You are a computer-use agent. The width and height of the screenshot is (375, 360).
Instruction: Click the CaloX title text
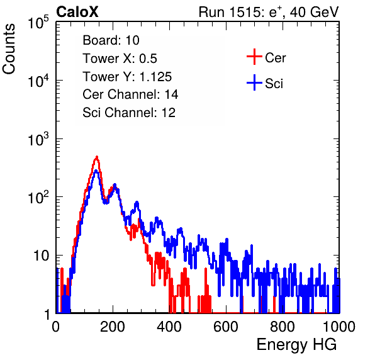coord(77,12)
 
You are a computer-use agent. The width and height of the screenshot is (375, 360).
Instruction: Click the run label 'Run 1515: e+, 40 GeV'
coord(269,12)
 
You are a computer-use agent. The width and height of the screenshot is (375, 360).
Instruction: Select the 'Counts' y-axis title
coord(9,49)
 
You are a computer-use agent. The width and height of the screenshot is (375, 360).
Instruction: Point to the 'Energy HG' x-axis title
coord(296,345)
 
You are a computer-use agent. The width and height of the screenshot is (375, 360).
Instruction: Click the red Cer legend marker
coord(254,57)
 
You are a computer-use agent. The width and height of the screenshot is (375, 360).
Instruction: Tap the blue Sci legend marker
coord(254,82)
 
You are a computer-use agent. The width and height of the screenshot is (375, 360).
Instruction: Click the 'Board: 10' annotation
coord(111,40)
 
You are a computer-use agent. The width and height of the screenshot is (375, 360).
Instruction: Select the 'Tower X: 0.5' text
coord(120,59)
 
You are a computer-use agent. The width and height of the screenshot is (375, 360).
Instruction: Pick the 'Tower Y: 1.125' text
coord(127,77)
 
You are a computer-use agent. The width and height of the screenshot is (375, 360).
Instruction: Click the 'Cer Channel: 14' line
coord(130,94)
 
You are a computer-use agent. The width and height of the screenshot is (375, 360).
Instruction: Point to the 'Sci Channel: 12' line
coord(129,113)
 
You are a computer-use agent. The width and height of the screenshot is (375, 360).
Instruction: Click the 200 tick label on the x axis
coord(113,327)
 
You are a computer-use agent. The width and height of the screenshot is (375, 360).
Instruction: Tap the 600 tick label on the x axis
coord(226,327)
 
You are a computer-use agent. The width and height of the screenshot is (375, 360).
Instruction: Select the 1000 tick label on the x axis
coord(339,327)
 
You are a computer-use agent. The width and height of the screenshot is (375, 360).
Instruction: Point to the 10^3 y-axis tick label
coord(38,139)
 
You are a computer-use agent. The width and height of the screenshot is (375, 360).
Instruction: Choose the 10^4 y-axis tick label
coord(38,81)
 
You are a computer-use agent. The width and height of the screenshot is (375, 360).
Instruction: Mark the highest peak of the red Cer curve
coord(97,157)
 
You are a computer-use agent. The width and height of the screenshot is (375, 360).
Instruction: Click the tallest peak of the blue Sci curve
coord(96,171)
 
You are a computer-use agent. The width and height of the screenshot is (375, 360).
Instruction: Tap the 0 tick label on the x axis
coord(56,327)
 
